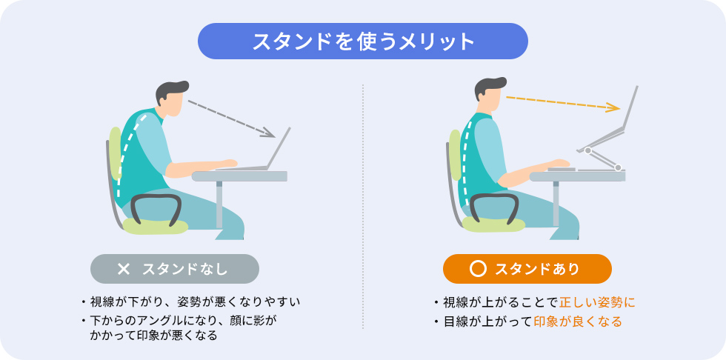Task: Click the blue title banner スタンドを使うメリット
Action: coord(362,41)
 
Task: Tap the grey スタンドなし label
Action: coord(174,268)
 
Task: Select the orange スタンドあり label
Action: coord(527,268)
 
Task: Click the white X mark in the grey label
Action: coord(124,268)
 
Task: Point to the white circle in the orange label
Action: coord(478,268)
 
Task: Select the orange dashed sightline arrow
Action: coord(563,103)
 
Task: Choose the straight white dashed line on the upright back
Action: coord(466,159)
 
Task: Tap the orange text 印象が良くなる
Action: coord(578,321)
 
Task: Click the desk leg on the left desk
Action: coord(219,204)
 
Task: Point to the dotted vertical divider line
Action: coord(363,207)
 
